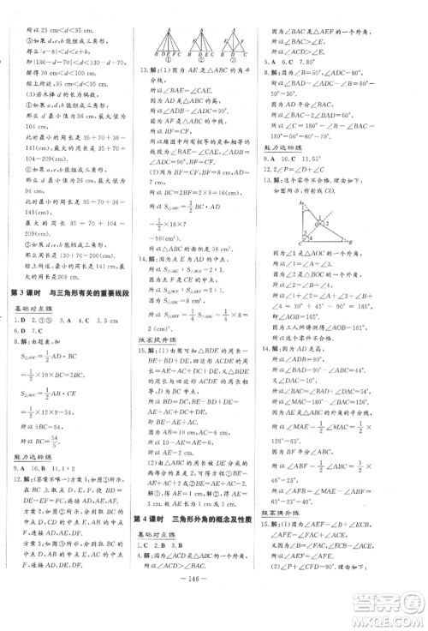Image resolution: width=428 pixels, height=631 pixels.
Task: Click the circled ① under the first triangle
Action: tap(165, 63)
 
